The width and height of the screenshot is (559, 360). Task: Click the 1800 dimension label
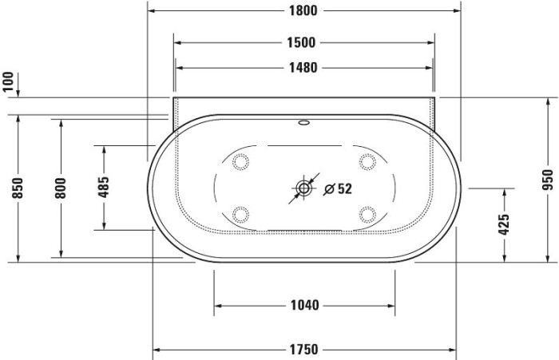pos(303,10)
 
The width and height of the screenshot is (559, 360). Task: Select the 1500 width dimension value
pos(303,42)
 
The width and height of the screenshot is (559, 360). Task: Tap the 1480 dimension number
pos(303,68)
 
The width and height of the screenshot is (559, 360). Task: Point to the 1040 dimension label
pos(303,305)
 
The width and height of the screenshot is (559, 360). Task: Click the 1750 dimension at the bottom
pos(303,349)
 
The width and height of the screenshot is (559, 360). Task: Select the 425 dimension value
pos(504,224)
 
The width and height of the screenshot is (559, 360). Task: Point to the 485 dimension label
pos(103,187)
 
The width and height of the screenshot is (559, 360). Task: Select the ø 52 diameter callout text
pos(338,189)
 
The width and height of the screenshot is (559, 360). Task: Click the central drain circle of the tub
pos(304,189)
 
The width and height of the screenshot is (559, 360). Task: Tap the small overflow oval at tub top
pos(304,124)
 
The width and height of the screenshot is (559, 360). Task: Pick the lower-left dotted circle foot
pos(239,214)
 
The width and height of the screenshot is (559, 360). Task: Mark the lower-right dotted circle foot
pos(368,214)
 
